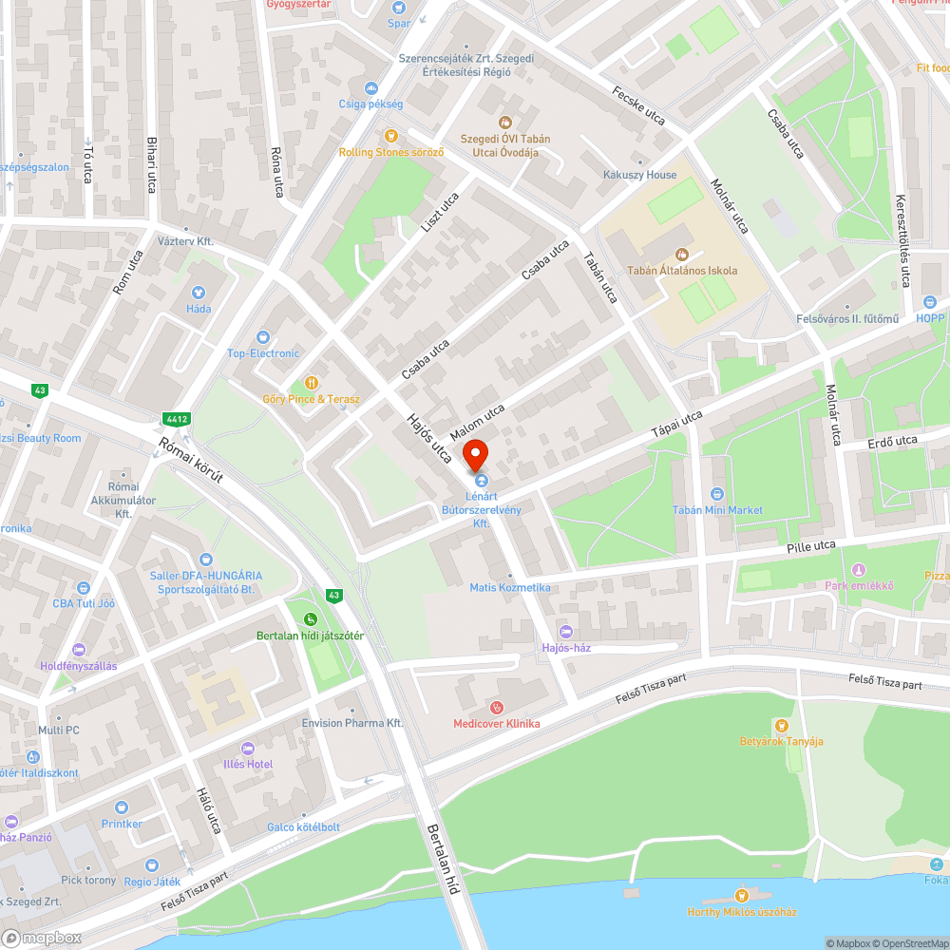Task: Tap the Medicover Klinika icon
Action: (x=496, y=707)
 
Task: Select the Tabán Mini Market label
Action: (x=717, y=510)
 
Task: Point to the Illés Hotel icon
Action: (x=248, y=748)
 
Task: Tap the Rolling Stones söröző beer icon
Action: (x=390, y=136)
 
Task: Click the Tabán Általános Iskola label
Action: (x=681, y=271)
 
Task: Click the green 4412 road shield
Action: (x=176, y=418)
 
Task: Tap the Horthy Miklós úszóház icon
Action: (x=741, y=895)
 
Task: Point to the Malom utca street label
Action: (x=482, y=423)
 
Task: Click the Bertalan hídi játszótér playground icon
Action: (x=311, y=619)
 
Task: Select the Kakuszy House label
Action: (x=639, y=175)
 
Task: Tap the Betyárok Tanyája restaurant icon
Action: (x=781, y=725)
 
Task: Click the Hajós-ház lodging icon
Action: (x=566, y=632)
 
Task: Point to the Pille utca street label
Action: (x=810, y=545)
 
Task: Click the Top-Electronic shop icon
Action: (x=263, y=336)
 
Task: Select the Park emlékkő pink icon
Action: (x=859, y=569)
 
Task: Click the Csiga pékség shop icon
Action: (x=370, y=87)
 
